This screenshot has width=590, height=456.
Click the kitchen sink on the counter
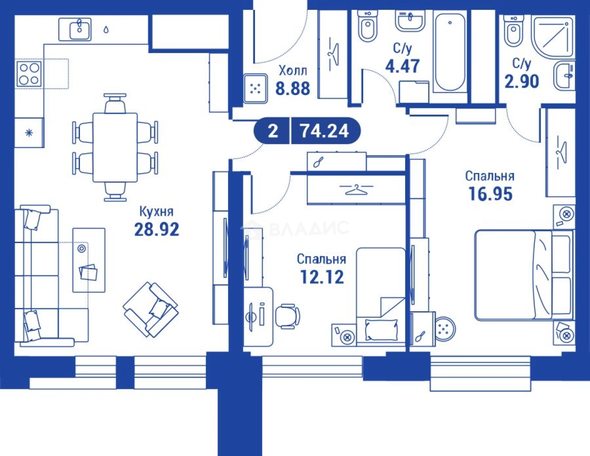tap(75, 30)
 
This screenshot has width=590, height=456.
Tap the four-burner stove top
tap(29, 74)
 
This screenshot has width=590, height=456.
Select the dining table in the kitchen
tap(115, 148)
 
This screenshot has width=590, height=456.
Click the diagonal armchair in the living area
tap(151, 309)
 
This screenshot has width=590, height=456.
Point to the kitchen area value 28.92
tap(157, 229)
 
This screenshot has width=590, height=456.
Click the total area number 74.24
tap(324, 131)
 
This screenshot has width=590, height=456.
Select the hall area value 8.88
tap(293, 88)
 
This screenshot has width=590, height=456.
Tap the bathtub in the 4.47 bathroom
tap(450, 52)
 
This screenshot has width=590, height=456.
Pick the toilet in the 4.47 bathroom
tap(367, 26)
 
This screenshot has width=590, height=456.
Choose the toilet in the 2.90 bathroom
tap(513, 31)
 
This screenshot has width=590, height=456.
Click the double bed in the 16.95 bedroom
tap(524, 275)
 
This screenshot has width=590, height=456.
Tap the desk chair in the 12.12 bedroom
tap(287, 316)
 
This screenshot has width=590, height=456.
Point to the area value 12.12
tap(322, 277)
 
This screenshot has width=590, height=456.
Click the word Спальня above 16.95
tap(490, 176)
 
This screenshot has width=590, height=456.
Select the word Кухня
tap(156, 212)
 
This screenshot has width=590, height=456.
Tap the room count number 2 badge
tap(273, 131)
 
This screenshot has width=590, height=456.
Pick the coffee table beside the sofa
tap(89, 260)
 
